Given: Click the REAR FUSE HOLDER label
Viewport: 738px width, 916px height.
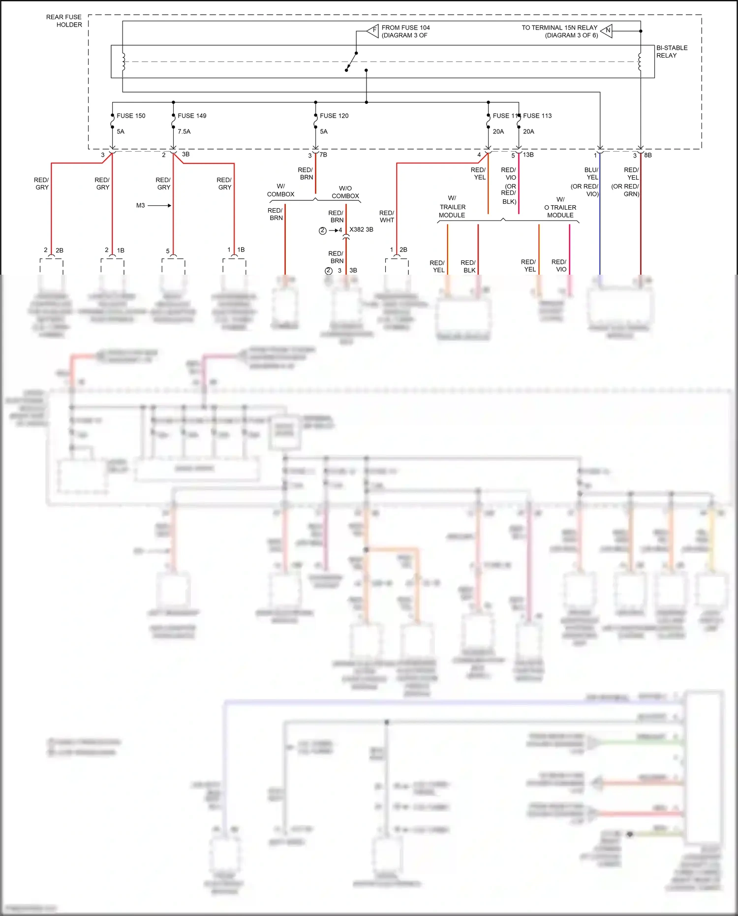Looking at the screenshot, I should pos(64,21).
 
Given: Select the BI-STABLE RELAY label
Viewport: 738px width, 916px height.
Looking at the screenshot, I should pos(672,52).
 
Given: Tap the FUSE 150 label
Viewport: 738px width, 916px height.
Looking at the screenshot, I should pos(131,116).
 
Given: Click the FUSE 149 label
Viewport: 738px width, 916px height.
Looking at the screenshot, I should pos(192,116).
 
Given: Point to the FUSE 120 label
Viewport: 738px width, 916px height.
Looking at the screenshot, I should pos(334,116).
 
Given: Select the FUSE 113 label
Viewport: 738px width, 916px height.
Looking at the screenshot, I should pos(537,116).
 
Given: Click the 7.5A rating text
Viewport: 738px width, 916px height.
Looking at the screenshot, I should pos(184,131).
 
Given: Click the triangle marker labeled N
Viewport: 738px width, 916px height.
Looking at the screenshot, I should pos(607,31).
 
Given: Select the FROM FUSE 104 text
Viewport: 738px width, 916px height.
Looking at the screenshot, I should pos(405,28).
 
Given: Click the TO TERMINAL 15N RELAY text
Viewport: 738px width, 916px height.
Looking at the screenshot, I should pos(559,28).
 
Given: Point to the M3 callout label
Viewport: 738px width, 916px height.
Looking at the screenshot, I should pos(141,205).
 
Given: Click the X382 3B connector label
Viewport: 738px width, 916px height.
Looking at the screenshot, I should pos(361,229).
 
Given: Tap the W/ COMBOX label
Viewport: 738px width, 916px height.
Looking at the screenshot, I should pos(280,190).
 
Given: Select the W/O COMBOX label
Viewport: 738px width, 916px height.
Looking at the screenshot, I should pos(345,192).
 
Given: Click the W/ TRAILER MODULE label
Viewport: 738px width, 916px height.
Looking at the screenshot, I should pos(452,207).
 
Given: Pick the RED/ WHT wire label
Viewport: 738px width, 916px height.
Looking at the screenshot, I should pos(387,217).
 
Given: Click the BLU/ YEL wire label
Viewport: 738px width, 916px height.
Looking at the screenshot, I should pos(592,173).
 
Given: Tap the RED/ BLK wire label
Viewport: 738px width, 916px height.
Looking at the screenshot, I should pos(468,266).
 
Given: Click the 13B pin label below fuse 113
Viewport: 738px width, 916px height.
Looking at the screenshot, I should pos(528,155).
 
